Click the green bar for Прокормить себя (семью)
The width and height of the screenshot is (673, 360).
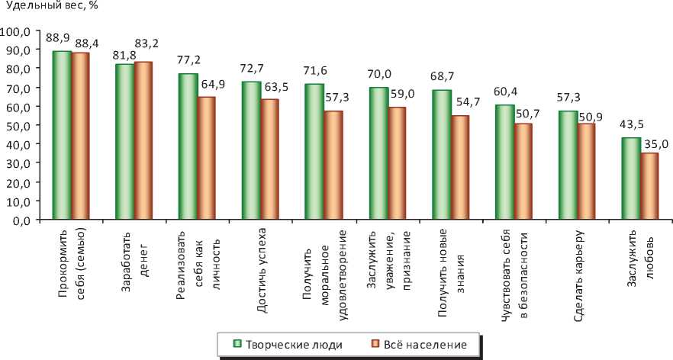pos(62,136)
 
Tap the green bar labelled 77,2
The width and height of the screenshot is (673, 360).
pos(188,146)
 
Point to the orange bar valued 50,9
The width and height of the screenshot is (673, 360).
pos(586,172)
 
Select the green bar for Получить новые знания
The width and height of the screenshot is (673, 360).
pos(441,155)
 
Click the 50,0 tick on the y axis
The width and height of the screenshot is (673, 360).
pos(18,126)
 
